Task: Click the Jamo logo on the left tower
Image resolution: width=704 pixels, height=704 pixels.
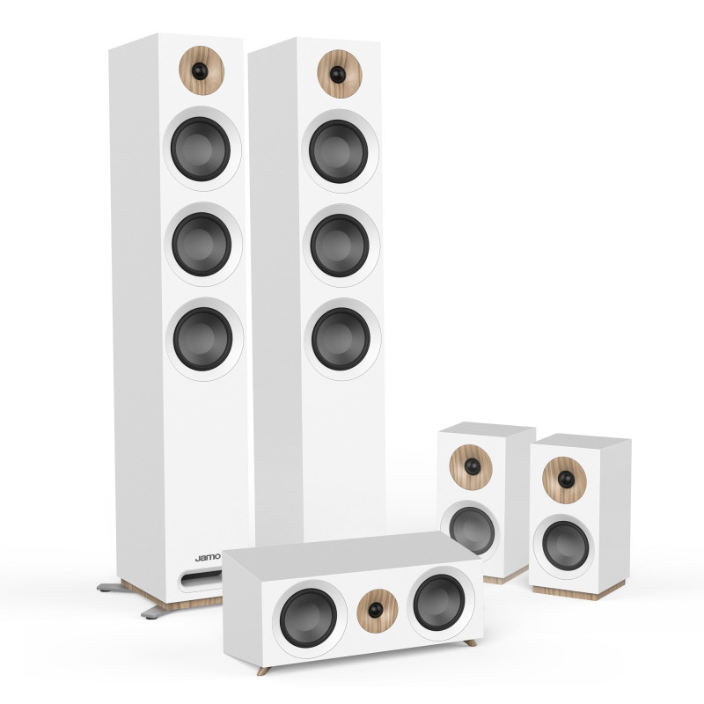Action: click(x=207, y=557)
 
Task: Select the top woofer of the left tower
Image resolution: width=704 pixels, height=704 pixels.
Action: click(x=202, y=149)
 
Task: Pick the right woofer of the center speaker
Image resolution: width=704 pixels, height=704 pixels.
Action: click(x=438, y=603)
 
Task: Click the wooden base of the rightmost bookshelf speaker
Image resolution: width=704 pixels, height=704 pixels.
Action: click(x=572, y=591)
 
